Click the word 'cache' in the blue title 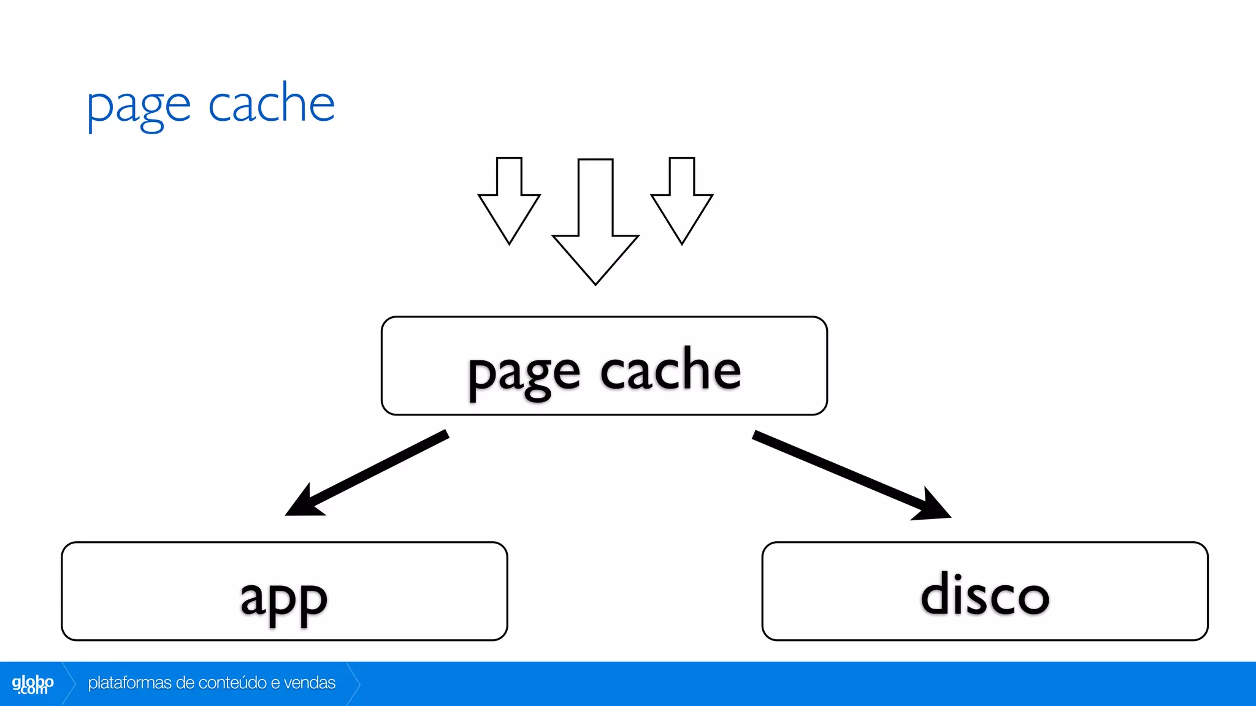[x=271, y=103]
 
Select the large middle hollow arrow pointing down [x=595, y=221]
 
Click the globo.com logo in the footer [x=33, y=684]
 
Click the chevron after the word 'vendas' [x=353, y=683]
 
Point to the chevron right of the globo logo [x=69, y=683]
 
